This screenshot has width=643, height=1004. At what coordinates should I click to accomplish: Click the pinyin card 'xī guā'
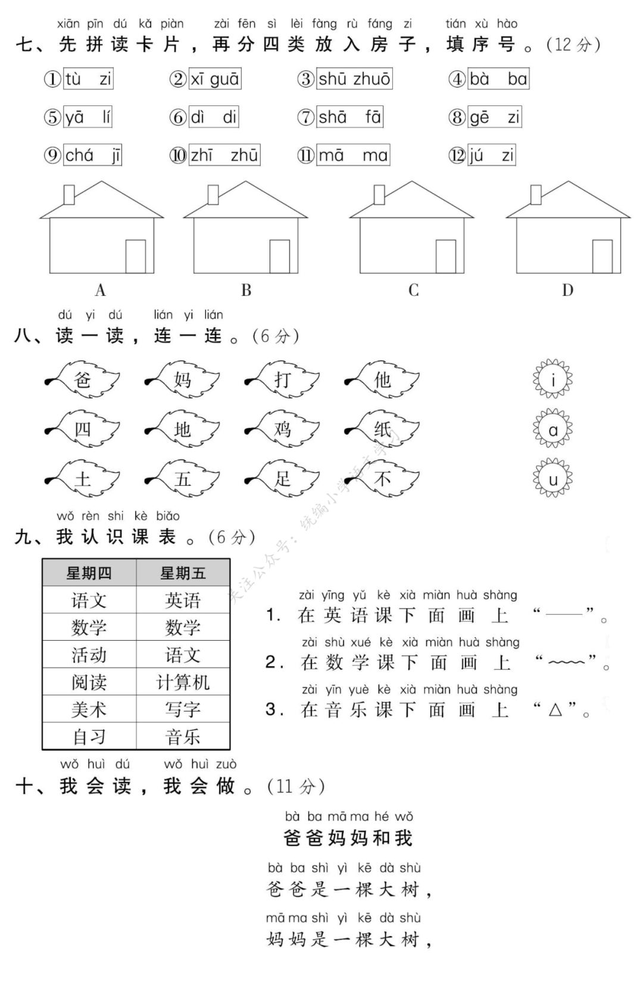pos(214,79)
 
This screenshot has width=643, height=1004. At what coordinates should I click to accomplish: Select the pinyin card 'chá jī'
pos(92,155)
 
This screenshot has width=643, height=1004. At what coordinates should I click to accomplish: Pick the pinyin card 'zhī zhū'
pos(224,155)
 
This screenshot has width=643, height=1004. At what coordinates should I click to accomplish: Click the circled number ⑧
pos(457,117)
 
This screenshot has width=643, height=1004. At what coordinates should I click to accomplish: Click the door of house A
pos(135,256)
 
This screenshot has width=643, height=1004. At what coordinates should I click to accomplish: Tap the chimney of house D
pos(536,194)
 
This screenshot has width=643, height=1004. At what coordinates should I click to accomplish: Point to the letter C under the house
pos(413,291)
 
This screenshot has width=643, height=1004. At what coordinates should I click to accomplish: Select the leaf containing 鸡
pos(283,429)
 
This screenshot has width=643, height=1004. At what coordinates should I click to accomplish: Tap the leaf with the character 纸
pos(383,429)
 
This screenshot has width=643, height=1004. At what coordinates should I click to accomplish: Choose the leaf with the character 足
pos(283,479)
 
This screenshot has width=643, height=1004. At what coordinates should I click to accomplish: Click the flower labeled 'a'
pos(553,429)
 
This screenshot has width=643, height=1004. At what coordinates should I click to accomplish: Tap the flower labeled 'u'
pos(553,479)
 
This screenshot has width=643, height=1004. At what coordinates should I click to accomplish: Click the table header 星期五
pos(183,573)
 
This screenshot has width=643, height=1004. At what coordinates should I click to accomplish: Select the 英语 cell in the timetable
pos(183,600)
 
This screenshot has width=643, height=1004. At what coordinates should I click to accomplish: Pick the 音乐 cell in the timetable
pos(183,737)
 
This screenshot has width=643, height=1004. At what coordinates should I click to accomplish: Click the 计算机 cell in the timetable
pos(183,682)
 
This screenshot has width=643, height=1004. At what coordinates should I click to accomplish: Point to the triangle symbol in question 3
pos(555,709)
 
